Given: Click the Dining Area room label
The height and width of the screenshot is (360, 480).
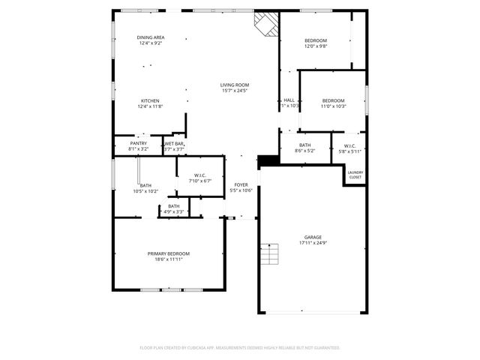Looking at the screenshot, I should tap(151, 37).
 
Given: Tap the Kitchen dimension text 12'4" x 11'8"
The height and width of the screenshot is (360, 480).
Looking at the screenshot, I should tap(151, 107).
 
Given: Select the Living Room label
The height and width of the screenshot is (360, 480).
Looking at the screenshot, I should tap(235, 85).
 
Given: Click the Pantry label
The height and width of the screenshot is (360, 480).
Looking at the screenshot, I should tap(139, 142).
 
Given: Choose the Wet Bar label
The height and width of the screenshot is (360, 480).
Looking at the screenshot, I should tap(174, 142).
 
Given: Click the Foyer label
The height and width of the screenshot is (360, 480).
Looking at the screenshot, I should tap(241, 184).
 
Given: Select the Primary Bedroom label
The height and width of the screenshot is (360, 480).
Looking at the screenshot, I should tap(169, 253).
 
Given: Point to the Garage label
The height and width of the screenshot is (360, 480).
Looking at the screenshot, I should tap(313, 237).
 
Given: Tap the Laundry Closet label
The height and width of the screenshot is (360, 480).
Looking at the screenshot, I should tap(355, 175).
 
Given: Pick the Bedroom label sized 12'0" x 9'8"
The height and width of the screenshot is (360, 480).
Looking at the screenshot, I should tap(316, 40).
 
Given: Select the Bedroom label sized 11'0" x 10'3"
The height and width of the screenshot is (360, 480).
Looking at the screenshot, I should tap(333, 100).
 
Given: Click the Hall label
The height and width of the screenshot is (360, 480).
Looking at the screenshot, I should tap(289, 100).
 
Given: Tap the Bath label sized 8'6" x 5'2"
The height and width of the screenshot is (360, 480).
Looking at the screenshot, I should tap(305, 145).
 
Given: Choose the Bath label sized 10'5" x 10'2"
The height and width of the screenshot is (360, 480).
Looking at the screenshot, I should tap(145, 185).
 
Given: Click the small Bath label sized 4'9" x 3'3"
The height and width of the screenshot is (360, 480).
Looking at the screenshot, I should tap(173, 206).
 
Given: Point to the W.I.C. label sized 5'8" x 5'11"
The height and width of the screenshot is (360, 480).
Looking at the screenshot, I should tap(349, 145).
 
